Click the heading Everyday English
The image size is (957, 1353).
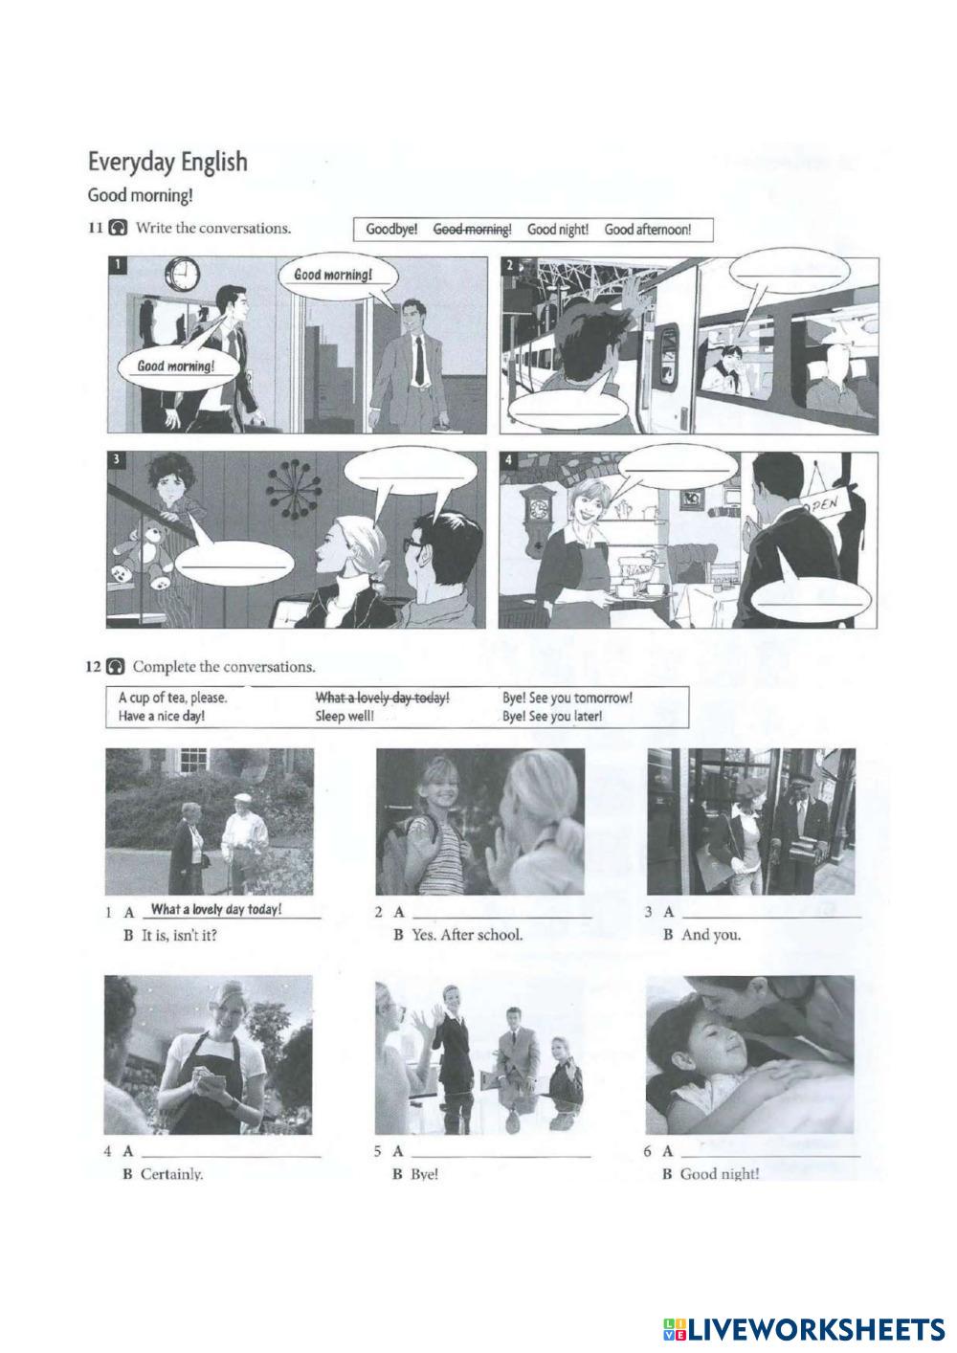tap(168, 162)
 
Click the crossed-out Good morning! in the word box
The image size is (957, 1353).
tap(473, 230)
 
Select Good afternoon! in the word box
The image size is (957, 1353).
tap(648, 230)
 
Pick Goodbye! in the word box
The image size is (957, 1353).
tap(391, 230)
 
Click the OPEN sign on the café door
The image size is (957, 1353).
tap(823, 502)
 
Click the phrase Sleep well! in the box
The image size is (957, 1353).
tap(345, 717)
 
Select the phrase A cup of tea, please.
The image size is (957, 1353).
tap(173, 699)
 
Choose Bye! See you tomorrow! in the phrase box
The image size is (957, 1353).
tap(568, 699)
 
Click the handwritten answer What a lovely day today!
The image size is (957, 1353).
tap(216, 909)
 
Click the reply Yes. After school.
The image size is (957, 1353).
tap(467, 936)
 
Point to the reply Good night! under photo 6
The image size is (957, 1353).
tap(719, 1174)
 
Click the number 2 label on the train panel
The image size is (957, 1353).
tap(509, 265)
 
